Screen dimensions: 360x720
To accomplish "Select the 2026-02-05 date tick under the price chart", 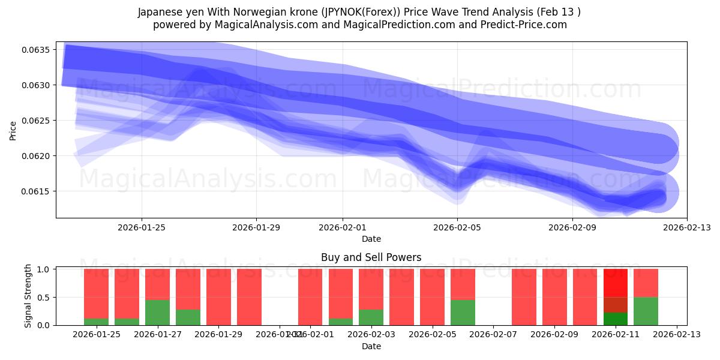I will pyautogui.click(x=457, y=227).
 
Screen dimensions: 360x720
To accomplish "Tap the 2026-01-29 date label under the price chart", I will pyautogui.click(x=256, y=227).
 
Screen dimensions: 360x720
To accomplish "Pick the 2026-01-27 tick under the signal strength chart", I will pyautogui.click(x=157, y=335).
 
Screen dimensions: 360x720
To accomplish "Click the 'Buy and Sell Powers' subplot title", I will pyautogui.click(x=371, y=257).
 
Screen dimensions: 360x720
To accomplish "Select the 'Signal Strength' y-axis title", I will pyautogui.click(x=28, y=296).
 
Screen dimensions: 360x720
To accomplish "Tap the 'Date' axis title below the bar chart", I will pyautogui.click(x=371, y=346).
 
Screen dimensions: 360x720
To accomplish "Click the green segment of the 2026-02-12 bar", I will pyautogui.click(x=646, y=311).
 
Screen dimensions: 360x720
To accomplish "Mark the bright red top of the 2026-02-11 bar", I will pyautogui.click(x=615, y=283).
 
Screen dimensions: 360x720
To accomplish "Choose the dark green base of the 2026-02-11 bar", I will pyautogui.click(x=615, y=319).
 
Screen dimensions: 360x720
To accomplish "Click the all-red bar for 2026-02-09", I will pyautogui.click(x=554, y=297).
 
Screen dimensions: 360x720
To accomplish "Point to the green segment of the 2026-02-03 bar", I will pyautogui.click(x=371, y=317).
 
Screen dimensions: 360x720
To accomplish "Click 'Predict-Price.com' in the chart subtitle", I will pyautogui.click(x=529, y=25).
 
